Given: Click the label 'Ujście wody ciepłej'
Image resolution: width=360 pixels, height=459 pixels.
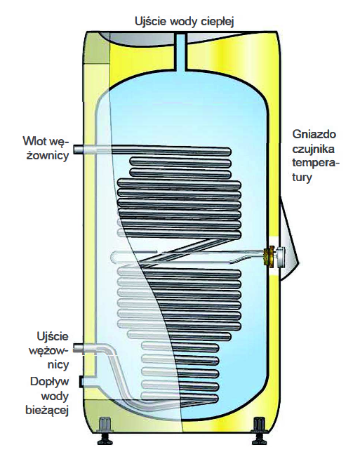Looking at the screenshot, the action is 185,22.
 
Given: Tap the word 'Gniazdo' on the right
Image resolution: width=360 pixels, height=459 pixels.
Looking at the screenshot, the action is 314,134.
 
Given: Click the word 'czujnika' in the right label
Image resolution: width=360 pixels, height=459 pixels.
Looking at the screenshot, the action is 314,149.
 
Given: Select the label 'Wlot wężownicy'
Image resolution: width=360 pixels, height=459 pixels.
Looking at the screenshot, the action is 46,148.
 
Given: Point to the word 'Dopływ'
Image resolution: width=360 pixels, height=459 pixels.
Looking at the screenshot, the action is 49,382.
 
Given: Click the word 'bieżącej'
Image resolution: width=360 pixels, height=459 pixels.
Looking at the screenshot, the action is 47,410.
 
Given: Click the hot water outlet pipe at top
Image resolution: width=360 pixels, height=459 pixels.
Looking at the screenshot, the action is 181,53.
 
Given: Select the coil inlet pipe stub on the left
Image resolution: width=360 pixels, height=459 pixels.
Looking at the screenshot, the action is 79,150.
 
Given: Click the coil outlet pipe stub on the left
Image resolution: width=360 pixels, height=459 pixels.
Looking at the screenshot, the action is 79,348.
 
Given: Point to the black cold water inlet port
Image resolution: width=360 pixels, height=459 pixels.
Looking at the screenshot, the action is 81,382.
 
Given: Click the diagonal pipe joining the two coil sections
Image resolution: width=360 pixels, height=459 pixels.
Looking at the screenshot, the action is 182,253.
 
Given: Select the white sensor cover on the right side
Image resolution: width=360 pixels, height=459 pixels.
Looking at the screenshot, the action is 289,239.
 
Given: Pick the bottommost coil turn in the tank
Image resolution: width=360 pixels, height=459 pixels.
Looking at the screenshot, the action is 180,397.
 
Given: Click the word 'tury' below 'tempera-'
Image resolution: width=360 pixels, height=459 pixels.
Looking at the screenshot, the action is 302,178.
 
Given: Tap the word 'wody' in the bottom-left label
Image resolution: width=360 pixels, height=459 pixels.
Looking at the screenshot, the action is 55,396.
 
